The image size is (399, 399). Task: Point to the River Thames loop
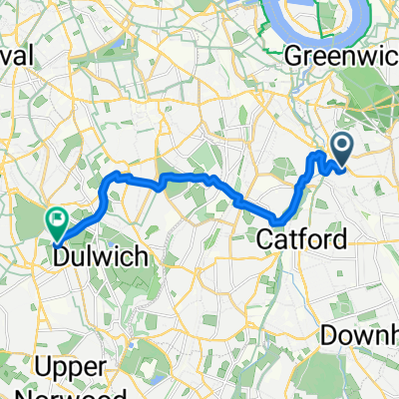pyautogui.click(x=298, y=20)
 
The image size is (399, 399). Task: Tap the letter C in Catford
pyautogui.click(x=266, y=239)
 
